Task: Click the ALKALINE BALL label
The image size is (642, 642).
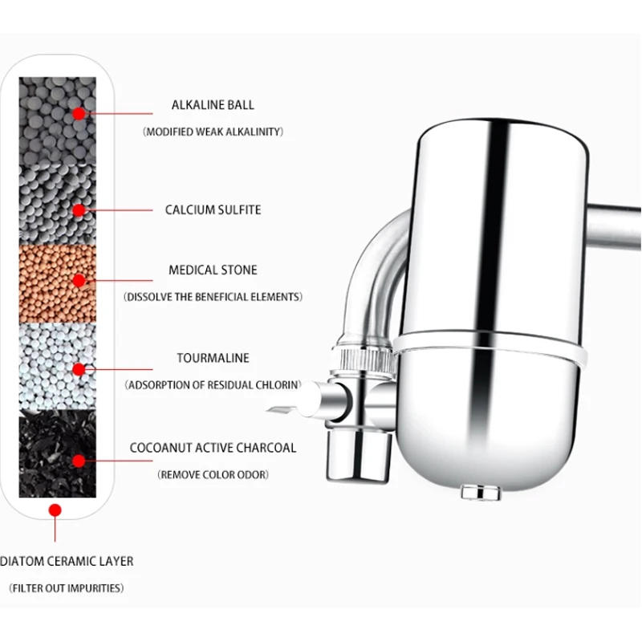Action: pos(213,105)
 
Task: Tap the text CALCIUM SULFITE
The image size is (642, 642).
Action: pos(213,210)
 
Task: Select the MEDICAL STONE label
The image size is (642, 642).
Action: pos(213,271)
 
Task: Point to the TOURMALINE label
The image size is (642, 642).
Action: pos(213,359)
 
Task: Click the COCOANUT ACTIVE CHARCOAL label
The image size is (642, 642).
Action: pos(213,448)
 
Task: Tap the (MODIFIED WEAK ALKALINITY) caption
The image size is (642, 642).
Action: pos(213,132)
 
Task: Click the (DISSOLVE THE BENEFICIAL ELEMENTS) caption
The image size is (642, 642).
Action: pos(213,297)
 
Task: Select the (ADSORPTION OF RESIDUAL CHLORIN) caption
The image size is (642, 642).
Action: pos(213,385)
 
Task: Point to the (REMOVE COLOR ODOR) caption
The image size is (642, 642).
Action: pos(213,474)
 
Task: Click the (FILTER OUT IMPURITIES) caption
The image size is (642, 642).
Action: pos(67,588)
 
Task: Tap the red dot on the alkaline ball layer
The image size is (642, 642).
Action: pos(79,114)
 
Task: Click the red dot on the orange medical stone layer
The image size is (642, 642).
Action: pos(79,280)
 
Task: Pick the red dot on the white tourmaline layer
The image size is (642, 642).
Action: pos(79,369)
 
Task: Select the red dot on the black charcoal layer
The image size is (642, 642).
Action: pos(79,460)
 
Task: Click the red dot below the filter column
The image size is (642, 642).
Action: pos(55,510)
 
